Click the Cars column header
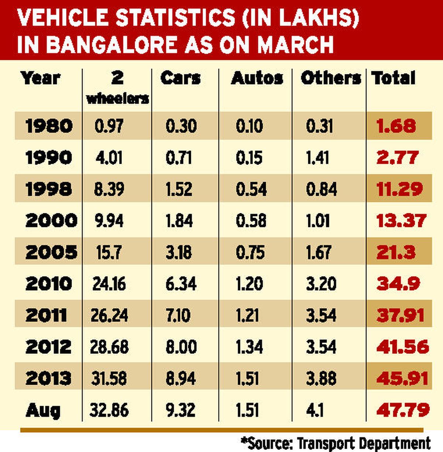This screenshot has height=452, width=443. tap(181, 78)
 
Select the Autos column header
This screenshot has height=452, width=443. tap(257, 78)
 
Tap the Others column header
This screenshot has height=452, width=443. tap(330, 78)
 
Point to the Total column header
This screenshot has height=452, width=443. tap(394, 78)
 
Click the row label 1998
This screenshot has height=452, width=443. tap(48, 189)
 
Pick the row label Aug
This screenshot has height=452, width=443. tap(43, 410)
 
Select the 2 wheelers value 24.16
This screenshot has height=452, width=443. tap(109, 284)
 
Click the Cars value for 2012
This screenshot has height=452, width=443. tap(181, 347)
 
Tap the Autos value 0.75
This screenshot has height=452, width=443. tap(250, 252)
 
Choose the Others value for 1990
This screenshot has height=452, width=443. tap(317, 158)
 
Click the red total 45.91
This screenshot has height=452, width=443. tap(402, 378)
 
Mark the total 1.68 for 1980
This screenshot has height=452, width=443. tap(396, 126)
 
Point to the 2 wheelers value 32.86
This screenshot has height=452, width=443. tap(109, 410)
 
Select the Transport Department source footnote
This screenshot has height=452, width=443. tap(336, 443)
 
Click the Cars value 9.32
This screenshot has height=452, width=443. tap(181, 410)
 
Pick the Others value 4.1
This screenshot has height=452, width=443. tap(315, 410)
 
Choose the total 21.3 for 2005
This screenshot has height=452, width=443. tap(396, 252)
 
